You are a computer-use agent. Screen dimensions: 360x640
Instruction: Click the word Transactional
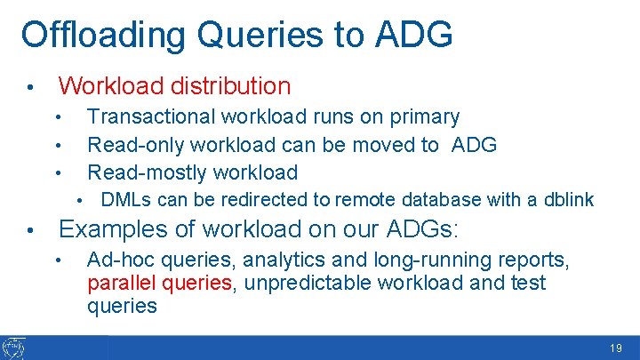(150, 116)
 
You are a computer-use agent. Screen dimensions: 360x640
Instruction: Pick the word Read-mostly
(142, 172)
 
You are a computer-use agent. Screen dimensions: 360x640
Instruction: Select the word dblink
(569, 200)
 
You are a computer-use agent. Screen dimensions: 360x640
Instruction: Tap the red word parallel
(117, 284)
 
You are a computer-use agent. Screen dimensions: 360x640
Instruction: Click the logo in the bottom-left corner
(14, 348)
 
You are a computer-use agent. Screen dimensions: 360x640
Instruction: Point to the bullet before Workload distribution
(30, 88)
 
